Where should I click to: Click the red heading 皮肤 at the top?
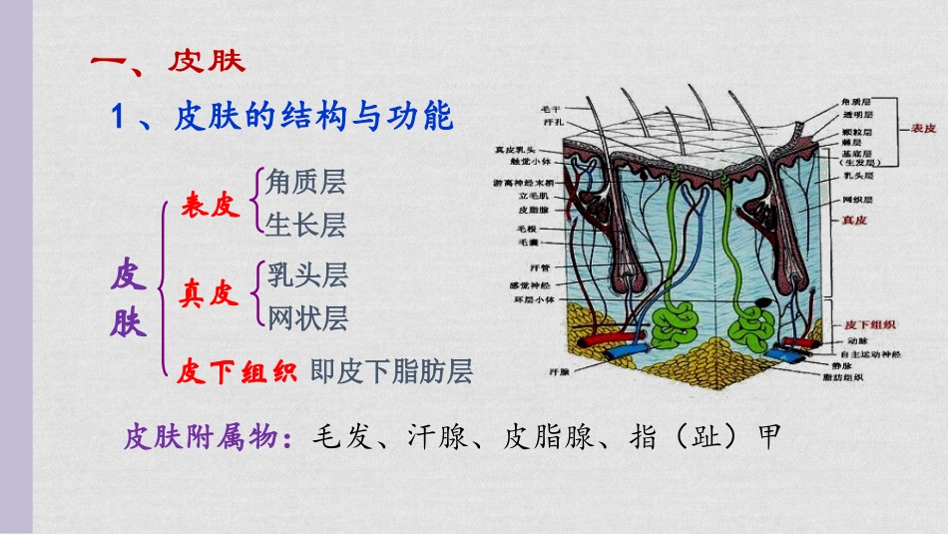(x=206, y=61)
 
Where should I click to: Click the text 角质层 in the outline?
(x=306, y=182)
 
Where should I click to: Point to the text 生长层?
(x=306, y=227)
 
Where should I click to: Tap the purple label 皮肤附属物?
(x=204, y=438)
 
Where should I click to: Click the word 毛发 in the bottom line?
(x=344, y=438)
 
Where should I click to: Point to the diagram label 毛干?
(x=551, y=108)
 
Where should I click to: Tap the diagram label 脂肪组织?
(x=843, y=378)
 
